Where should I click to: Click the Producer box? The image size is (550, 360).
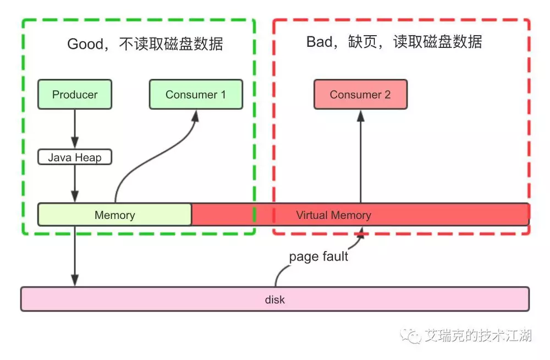click(x=75, y=95)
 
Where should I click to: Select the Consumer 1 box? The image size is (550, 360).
click(x=196, y=95)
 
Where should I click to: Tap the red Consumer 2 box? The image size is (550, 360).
click(x=360, y=95)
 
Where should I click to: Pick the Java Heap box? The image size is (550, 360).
click(x=75, y=158)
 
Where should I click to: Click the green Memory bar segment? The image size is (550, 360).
click(x=114, y=215)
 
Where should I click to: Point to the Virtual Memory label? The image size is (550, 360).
click(x=333, y=215)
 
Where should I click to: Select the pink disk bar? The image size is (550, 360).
click(x=274, y=300)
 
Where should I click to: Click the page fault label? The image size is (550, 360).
click(x=318, y=257)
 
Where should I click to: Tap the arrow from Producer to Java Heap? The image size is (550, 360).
click(x=75, y=129)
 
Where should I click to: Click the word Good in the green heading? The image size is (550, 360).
click(x=84, y=44)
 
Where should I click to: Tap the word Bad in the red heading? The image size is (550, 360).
click(x=319, y=42)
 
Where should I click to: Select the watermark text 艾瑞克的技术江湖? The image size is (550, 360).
click(x=478, y=335)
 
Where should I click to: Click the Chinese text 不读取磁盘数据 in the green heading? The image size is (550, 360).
click(x=171, y=44)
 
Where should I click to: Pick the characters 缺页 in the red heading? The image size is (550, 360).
click(x=364, y=42)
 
